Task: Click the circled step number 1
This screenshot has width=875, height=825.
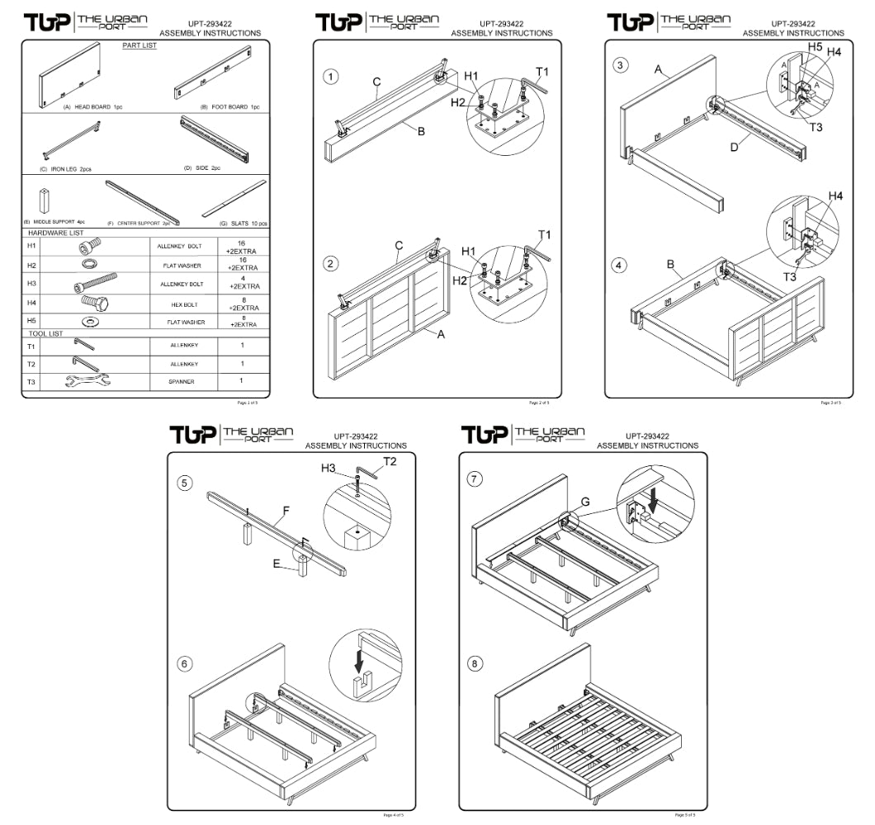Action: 330,77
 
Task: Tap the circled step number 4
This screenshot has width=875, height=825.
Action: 620,266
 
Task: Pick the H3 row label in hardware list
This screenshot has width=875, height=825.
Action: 31,284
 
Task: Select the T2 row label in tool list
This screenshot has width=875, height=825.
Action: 31,364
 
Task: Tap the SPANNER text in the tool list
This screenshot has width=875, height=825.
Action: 181,381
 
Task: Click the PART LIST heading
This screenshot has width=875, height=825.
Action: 139,46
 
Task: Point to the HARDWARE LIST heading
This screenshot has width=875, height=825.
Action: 57,233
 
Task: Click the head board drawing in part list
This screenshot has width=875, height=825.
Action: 69,77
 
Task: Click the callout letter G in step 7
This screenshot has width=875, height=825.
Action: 584,502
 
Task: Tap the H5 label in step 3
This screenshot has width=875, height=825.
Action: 816,48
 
